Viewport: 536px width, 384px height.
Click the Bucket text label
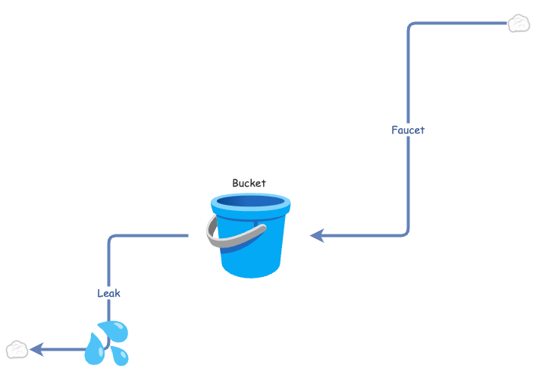[x=249, y=183]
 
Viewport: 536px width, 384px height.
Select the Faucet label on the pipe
[x=408, y=130]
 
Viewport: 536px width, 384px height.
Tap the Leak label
[x=108, y=293]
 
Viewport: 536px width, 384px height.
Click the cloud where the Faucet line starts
[x=518, y=24]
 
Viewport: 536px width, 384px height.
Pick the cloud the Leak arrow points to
[x=17, y=350]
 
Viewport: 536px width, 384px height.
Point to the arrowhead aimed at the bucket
[x=318, y=235]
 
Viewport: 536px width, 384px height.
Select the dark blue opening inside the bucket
[x=250, y=202]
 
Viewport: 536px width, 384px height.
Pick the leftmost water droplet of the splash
[x=94, y=351]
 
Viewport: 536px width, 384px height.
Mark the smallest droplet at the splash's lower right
[x=120, y=356]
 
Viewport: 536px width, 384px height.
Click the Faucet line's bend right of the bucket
[x=406, y=232]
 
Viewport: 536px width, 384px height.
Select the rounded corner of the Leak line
[x=111, y=239]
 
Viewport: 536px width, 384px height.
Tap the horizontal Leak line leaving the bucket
[x=152, y=236]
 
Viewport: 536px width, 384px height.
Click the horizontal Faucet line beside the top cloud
[x=462, y=24]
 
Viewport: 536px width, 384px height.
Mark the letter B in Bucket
[x=236, y=183]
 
